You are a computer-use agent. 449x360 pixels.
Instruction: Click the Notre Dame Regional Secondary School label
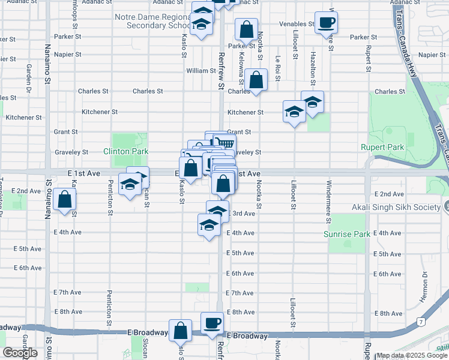(154, 21)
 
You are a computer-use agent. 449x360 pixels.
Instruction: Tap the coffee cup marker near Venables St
(326, 23)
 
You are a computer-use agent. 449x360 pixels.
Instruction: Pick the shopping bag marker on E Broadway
(181, 331)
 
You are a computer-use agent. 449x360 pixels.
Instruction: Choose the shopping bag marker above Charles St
(256, 80)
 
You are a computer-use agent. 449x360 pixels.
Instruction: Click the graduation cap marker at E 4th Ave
(209, 226)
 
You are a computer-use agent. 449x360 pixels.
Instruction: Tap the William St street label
(200, 71)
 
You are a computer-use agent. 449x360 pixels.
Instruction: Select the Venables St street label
(297, 25)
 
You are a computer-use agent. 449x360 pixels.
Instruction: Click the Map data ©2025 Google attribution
(412, 355)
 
